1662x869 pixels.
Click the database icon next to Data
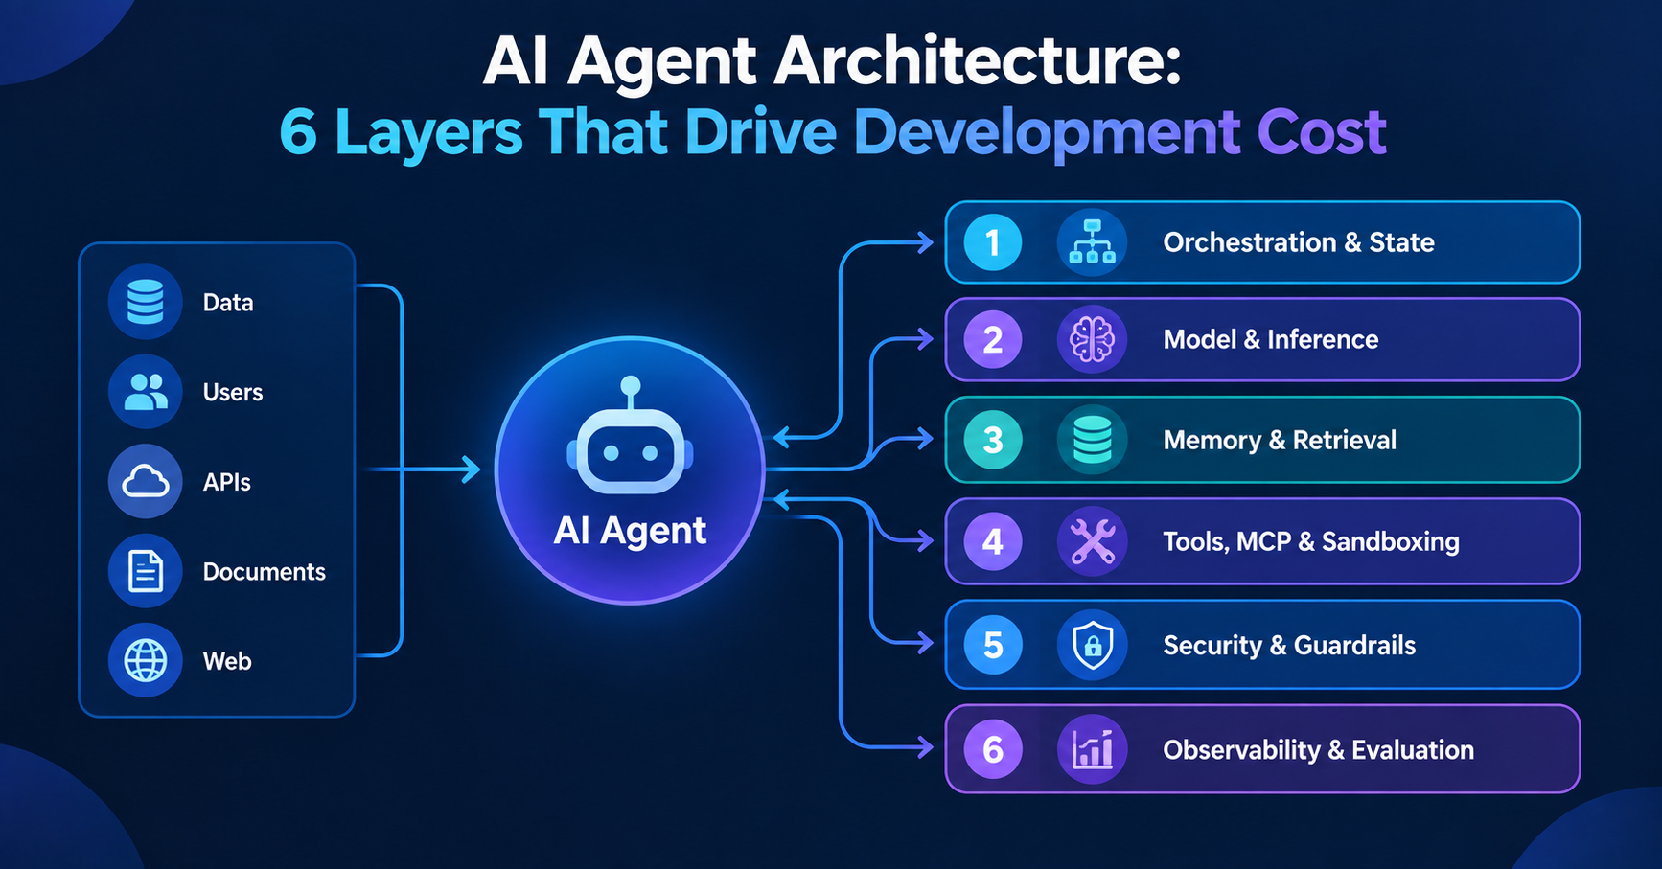[x=145, y=302]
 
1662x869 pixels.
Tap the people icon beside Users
[x=145, y=392]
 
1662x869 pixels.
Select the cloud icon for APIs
[x=145, y=481]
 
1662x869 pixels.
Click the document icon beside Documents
[x=145, y=571]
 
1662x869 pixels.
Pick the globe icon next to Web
[x=145, y=661]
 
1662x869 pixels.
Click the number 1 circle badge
[x=993, y=242]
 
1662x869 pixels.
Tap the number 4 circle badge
[x=993, y=541]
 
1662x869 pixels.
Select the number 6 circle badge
[x=993, y=749]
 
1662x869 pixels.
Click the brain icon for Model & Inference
[x=1092, y=339]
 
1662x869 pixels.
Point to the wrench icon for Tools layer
[x=1092, y=541]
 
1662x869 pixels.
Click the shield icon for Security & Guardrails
[x=1092, y=645]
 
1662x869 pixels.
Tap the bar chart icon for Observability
[x=1092, y=749]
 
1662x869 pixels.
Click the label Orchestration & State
[x=1299, y=242]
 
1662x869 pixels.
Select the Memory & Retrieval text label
[x=1280, y=440]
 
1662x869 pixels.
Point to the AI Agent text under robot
[x=630, y=531]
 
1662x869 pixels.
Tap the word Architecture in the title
[x=977, y=61]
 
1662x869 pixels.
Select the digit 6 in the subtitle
[x=298, y=132]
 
